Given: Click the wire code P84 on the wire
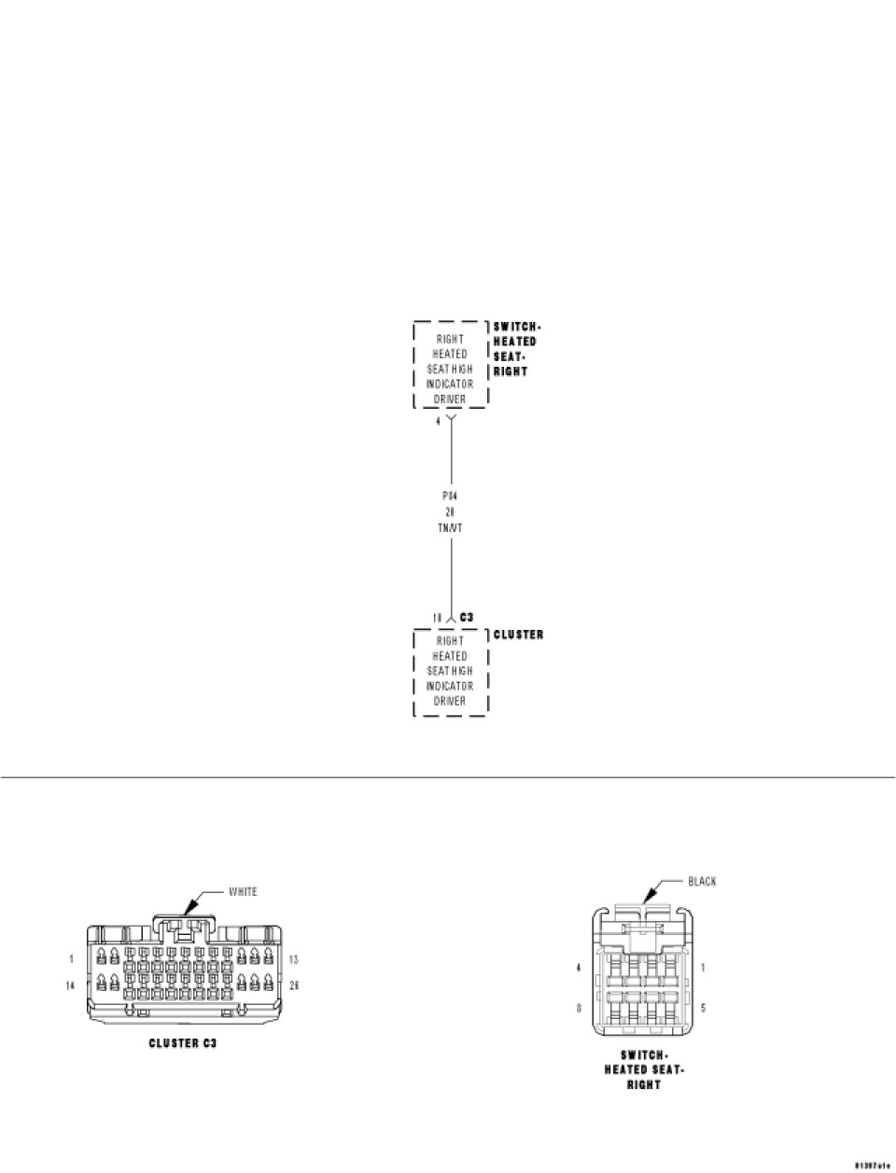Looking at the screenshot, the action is tap(450, 496).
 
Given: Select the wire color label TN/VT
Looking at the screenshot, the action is tap(450, 527).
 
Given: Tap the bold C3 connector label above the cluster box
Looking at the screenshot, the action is tap(467, 618).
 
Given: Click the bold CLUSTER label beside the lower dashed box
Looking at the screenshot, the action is tap(518, 635).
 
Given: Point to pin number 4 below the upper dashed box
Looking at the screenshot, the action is tap(439, 422).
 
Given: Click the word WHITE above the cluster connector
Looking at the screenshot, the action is tap(243, 891).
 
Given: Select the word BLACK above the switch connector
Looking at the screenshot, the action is tap(702, 881).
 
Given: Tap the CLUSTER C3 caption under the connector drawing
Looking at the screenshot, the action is tap(183, 1042).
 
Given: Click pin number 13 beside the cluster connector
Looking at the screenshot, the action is tap(293, 959).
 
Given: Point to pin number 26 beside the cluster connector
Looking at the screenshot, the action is tap(293, 985).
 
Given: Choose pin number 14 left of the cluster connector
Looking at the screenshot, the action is tap(70, 985).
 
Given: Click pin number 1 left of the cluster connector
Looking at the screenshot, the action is tap(71, 959).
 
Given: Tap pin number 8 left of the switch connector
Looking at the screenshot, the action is tap(579, 1008).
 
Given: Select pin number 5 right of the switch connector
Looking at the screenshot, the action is tap(702, 1008).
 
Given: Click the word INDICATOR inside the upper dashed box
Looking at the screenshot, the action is tap(450, 384).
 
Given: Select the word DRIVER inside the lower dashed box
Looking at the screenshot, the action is tap(450, 701).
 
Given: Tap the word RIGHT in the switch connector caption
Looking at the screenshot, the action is tap(644, 1085).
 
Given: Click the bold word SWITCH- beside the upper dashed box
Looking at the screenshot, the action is tap(516, 327).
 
